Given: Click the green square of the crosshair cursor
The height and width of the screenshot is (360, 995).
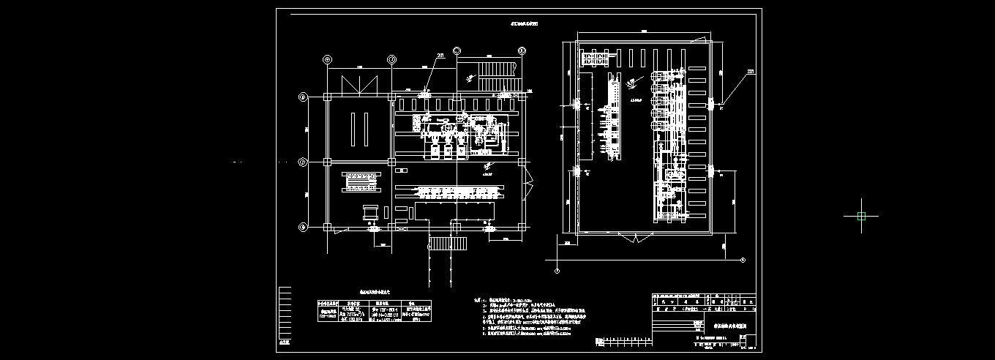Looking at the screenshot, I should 861,216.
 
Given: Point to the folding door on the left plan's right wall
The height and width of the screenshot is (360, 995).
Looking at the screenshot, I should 528,179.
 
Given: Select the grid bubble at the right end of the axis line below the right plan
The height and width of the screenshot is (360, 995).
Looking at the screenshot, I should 742,260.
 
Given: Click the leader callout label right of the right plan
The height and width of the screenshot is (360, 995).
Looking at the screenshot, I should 751,71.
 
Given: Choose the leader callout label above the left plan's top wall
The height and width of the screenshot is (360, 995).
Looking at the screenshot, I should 440,55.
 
